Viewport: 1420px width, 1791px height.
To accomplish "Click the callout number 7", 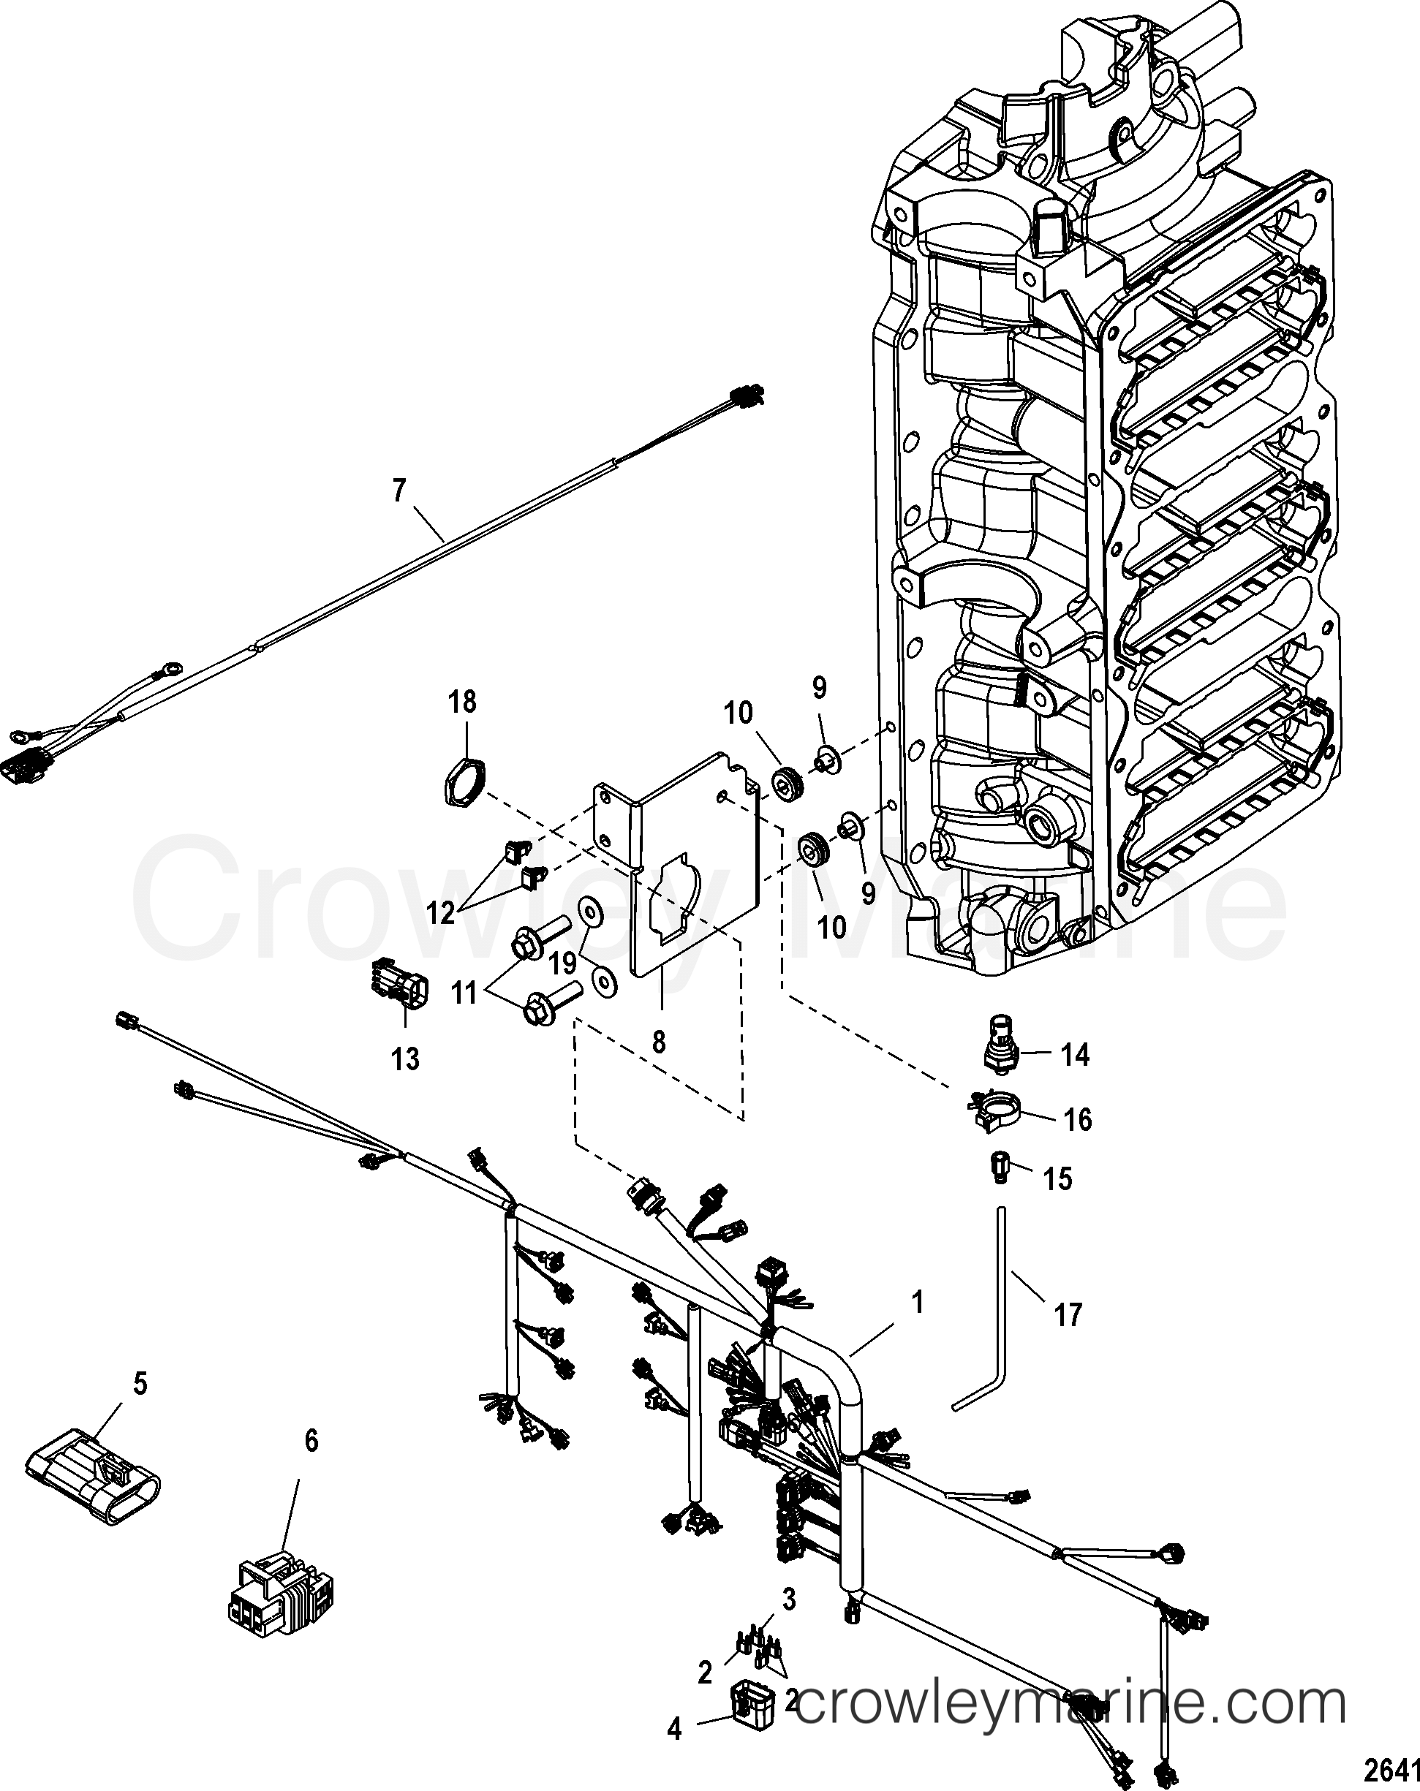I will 400,492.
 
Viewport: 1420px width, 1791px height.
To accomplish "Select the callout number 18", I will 463,702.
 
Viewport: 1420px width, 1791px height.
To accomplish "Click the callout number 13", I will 407,1059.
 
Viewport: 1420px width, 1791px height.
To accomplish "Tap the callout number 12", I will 441,913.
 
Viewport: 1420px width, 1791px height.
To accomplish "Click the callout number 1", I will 918,1303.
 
